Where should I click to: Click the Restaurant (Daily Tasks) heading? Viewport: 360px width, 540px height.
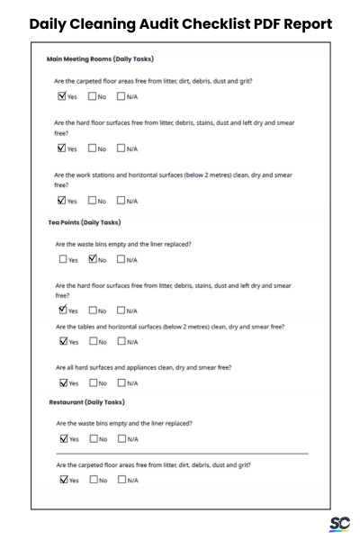86,401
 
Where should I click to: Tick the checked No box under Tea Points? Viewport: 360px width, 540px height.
94,259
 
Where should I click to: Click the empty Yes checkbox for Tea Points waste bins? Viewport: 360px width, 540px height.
62,260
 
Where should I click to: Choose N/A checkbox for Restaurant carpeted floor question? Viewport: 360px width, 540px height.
121,480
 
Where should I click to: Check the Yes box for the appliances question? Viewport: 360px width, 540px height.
62,382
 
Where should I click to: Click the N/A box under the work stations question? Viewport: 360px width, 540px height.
121,201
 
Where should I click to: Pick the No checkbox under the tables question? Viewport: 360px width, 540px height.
94,342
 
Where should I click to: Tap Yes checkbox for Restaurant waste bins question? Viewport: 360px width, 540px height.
62,439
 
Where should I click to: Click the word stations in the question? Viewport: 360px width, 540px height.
116,175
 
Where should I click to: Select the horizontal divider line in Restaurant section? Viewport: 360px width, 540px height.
180,454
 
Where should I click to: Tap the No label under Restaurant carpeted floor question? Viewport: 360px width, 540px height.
103,480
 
